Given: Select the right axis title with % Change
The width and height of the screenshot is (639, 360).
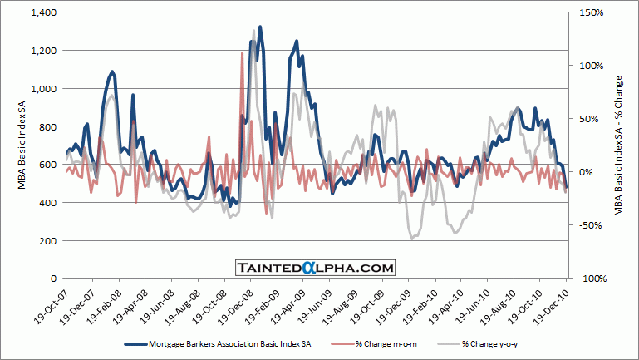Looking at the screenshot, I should click(x=619, y=145).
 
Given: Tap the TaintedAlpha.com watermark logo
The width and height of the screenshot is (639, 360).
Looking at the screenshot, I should click(x=314, y=267).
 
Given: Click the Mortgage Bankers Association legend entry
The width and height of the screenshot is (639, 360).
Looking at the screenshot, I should click(x=216, y=343).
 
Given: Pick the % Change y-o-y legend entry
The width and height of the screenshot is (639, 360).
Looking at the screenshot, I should click(x=489, y=343).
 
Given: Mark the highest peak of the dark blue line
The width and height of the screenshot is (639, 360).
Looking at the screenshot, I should click(x=260, y=27).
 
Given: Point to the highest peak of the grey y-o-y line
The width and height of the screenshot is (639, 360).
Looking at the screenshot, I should click(x=253, y=31).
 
